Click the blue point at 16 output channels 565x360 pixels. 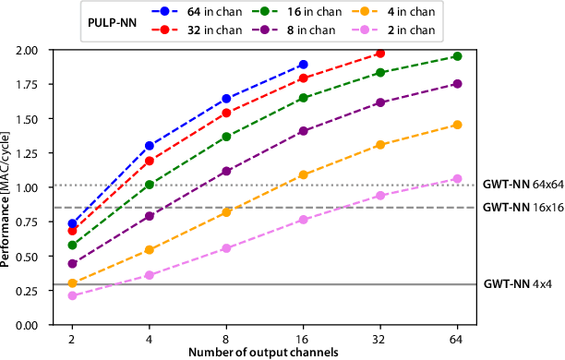tap(303, 65)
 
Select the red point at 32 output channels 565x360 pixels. tap(379, 54)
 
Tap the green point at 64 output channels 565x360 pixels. tap(457, 56)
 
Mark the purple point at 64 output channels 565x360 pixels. tap(457, 84)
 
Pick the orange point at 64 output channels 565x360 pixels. tap(457, 125)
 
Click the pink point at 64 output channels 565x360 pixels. tap(457, 179)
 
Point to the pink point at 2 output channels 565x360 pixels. tap(72, 295)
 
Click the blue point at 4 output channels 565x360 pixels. tap(150, 146)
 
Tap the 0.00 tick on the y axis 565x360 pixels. tap(34, 325)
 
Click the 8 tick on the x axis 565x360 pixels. tap(226, 339)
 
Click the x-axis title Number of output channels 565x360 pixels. tap(264, 353)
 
